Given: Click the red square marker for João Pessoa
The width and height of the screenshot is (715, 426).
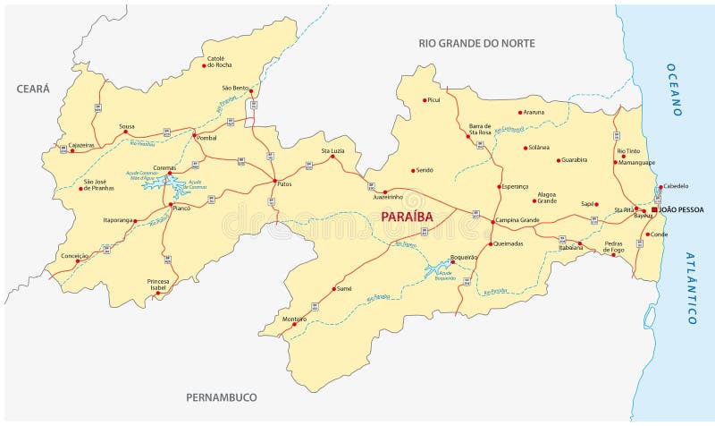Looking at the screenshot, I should coord(654,209).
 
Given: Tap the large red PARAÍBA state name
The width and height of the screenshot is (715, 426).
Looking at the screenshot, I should coord(407,217).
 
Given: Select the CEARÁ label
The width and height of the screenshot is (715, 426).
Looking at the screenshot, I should coord(32,88).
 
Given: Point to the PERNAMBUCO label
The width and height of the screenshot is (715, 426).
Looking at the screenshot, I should coord(221,396).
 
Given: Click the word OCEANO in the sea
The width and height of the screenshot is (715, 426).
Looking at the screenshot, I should coord(676,89).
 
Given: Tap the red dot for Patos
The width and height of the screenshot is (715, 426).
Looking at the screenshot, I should coord(273,182).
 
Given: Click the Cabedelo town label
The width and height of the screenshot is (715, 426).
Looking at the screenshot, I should coord(675,186).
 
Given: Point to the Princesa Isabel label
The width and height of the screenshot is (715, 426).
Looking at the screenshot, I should coord(157,285).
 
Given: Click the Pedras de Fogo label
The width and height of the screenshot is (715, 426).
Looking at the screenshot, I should coord(613,247).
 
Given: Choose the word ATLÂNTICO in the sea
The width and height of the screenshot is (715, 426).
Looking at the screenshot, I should coord(691,286).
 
